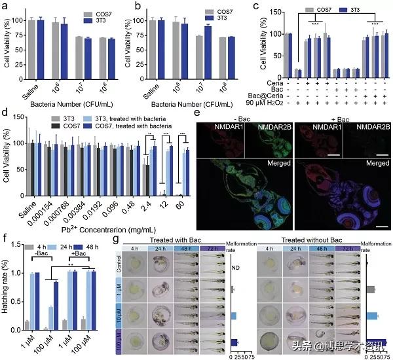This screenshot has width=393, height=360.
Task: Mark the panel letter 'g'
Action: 116,238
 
